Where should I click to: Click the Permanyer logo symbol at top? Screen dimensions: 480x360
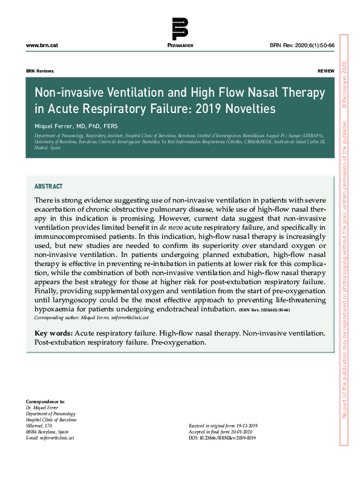pos(180,29)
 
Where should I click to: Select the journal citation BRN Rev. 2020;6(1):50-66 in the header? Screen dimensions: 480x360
pos(301,46)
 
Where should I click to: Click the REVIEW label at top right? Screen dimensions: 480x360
pos(326,71)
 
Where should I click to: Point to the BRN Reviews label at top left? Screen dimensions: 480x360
pos(40,71)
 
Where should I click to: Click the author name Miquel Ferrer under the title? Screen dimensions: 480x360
pos(56,126)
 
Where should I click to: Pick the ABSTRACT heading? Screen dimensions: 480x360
pos(48,187)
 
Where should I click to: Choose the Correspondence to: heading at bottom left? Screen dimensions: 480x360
pos(45,401)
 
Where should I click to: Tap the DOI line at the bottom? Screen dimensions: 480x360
pos(222,438)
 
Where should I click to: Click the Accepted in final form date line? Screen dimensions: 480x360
pos(220,432)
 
